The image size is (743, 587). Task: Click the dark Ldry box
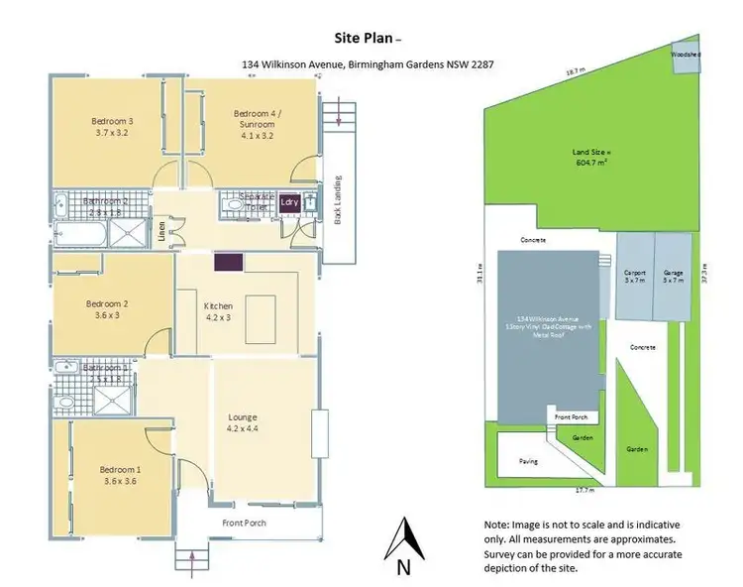tap(288, 201)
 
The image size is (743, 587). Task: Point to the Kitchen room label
tap(217, 311)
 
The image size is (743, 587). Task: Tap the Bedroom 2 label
tap(108, 309)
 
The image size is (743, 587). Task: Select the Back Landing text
tap(337, 204)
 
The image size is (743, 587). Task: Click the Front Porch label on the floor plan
tap(244, 524)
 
